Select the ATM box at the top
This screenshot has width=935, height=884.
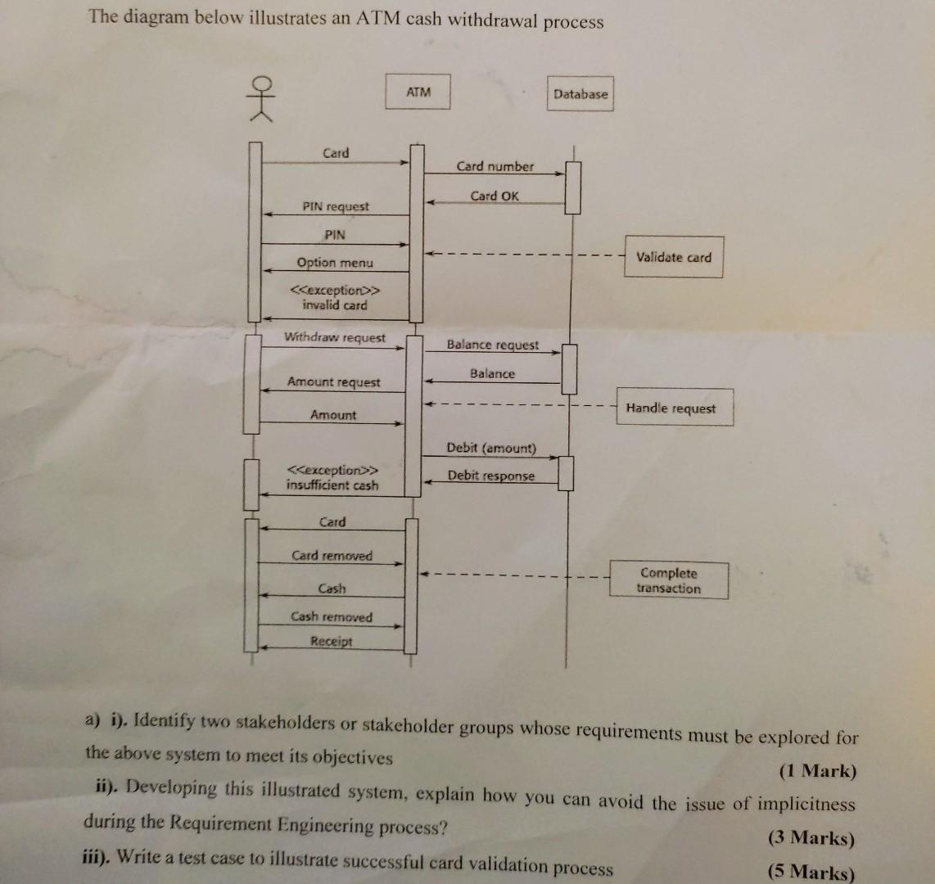click(418, 92)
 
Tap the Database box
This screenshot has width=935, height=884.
click(580, 94)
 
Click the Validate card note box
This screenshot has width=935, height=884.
click(674, 257)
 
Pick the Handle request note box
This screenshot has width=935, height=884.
click(671, 408)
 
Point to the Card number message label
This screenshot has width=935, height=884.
click(495, 166)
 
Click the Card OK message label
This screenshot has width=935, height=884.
click(495, 196)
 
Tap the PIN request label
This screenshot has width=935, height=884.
click(336, 207)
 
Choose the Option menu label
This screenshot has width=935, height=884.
click(335, 263)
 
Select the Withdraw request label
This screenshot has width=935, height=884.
click(335, 337)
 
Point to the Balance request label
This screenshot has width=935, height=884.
click(493, 345)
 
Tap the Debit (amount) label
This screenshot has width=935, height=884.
click(491, 448)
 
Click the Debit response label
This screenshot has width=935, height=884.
click(490, 476)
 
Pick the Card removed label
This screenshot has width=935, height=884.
click(332, 556)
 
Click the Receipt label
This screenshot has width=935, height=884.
click(331, 642)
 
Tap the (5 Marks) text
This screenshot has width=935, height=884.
click(810, 872)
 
